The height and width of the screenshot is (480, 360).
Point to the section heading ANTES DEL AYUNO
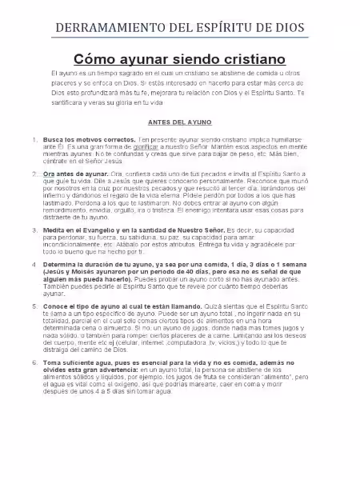(x=180, y=122)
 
